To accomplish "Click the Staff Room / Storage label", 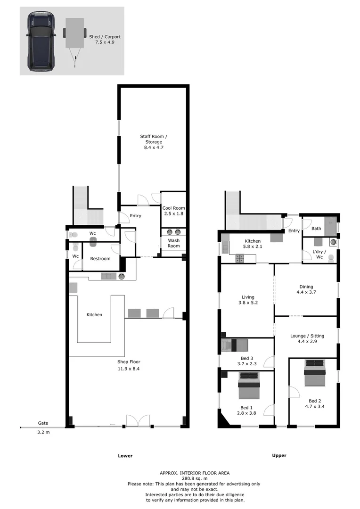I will [153, 137].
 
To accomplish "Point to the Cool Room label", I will [173, 208].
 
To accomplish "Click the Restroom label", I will [100, 258].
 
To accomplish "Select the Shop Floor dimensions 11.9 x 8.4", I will [129, 369].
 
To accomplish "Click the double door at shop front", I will [138, 420].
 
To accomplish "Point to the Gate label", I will [43, 423].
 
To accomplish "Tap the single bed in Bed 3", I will [234, 345].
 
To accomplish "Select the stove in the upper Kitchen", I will [240, 258].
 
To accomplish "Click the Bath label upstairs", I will [316, 229].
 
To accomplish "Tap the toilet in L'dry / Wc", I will [330, 257].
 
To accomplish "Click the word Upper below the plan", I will [279, 455].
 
